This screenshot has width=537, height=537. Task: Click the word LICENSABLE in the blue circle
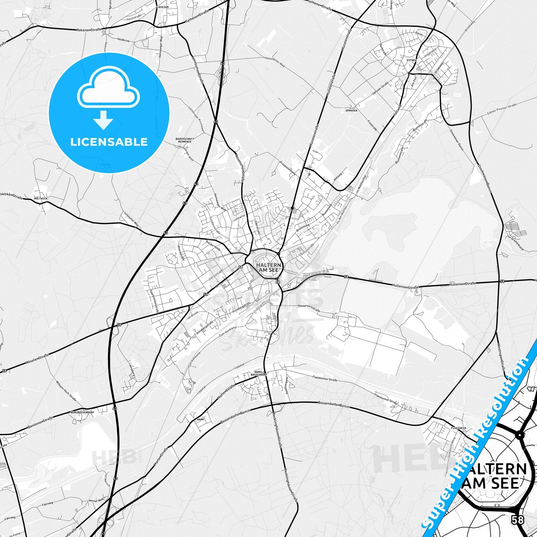click(x=109, y=142)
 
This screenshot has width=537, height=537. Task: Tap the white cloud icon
click(x=109, y=90)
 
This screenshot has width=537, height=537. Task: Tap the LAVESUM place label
click(x=163, y=7)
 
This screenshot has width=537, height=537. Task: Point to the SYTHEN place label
click(x=411, y=60)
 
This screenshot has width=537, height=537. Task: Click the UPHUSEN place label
click(x=351, y=110)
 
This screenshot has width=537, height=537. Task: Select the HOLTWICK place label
click(x=41, y=198)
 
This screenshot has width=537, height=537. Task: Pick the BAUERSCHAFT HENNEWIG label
click(x=185, y=140)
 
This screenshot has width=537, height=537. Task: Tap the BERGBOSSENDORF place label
click(x=82, y=413)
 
